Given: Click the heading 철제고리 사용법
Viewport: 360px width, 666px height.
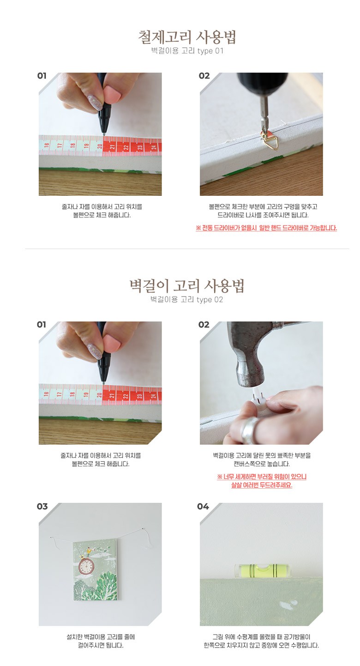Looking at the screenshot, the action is click(x=187, y=37).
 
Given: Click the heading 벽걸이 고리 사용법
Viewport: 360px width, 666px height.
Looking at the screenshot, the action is click(x=187, y=285).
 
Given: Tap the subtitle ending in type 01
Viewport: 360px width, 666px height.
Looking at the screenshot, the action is click(x=187, y=51).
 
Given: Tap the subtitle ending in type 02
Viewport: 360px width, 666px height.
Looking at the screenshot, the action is click(x=186, y=299).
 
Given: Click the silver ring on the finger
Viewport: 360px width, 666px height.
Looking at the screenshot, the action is click(x=249, y=430).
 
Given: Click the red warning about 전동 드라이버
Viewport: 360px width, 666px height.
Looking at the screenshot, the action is click(x=266, y=228).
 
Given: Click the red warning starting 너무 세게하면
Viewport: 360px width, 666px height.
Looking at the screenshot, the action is click(x=262, y=481).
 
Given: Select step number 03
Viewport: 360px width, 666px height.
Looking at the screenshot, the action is click(x=42, y=506).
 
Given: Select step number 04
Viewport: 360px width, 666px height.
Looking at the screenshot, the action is click(x=203, y=506).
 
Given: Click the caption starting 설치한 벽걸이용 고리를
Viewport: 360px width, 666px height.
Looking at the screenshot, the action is click(x=101, y=641).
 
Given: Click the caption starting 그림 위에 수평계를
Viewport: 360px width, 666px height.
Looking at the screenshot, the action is click(x=261, y=641).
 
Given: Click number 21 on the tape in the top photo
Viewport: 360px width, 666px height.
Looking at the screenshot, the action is click(x=112, y=147).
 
